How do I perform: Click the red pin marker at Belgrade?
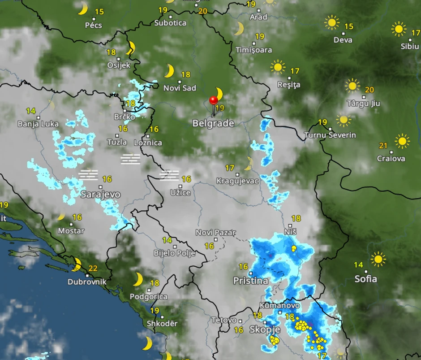coord(214,100)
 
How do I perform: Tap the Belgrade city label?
coord(213,123)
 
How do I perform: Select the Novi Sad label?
coord(180,88)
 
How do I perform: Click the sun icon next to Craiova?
coord(402,141)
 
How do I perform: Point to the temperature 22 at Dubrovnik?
coord(93,269)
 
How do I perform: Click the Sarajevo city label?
coord(101,194)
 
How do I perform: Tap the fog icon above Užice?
coord(169,175)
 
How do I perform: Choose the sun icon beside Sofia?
coord(378,259)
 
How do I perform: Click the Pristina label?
coord(251,281)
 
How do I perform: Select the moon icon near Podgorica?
coord(138,279)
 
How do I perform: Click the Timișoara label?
coord(254,50)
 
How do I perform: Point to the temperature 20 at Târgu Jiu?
coord(369,90)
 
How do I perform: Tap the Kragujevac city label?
coord(237,181)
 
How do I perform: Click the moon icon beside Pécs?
coord(83,9)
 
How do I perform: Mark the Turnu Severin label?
coord(330,135)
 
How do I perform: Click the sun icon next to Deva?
coord(332,22)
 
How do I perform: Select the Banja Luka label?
coord(38,124)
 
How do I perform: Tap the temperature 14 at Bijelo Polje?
coord(167,241)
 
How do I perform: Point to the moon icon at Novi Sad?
coord(169,71)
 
